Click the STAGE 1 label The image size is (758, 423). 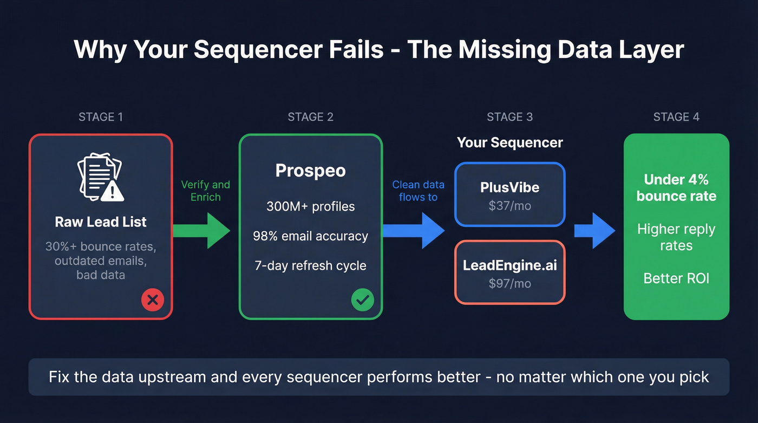(x=100, y=117)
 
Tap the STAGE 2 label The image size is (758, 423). (x=310, y=117)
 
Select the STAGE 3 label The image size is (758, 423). (x=509, y=117)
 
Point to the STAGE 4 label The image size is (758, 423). (x=676, y=117)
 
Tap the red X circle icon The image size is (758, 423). (x=152, y=300)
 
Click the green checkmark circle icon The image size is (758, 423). (x=362, y=300)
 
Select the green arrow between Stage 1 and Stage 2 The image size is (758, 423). (x=201, y=231)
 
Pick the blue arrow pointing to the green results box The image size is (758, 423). (x=594, y=231)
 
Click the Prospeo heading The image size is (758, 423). (x=310, y=171)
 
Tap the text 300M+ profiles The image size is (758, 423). (x=310, y=206)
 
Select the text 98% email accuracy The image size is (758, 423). (x=310, y=236)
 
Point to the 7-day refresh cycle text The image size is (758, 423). (x=310, y=266)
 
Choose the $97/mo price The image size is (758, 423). (x=509, y=283)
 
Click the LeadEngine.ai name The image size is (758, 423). (x=509, y=266)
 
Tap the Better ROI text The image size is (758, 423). (x=676, y=278)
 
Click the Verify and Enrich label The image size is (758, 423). (x=205, y=191)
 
